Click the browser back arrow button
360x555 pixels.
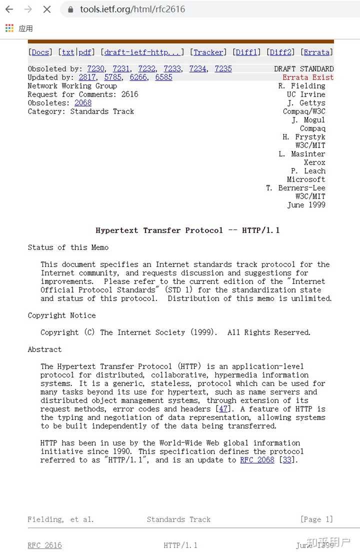pos(9,9)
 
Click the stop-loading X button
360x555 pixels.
pos(47,9)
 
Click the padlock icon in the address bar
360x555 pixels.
pos(70,9)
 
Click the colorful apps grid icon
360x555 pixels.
pos(9,28)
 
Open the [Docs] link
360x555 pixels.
pos(40,52)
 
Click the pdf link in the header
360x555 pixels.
pos(85,52)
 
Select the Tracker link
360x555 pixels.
pos(208,52)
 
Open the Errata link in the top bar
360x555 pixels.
pos(316,52)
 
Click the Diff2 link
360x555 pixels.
pos(280,52)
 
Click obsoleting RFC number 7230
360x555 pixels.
pos(95,69)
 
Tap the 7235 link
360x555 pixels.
pos(223,69)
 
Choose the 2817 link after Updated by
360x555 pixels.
pos(87,77)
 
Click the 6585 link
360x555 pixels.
pos(163,77)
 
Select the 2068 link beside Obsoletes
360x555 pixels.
pos(83,103)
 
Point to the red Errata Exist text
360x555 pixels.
pos(308,77)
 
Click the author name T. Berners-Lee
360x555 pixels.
pos(295,188)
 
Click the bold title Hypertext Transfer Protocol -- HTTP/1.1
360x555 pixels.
pos(187,230)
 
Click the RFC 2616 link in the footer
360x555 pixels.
pos(44,545)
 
